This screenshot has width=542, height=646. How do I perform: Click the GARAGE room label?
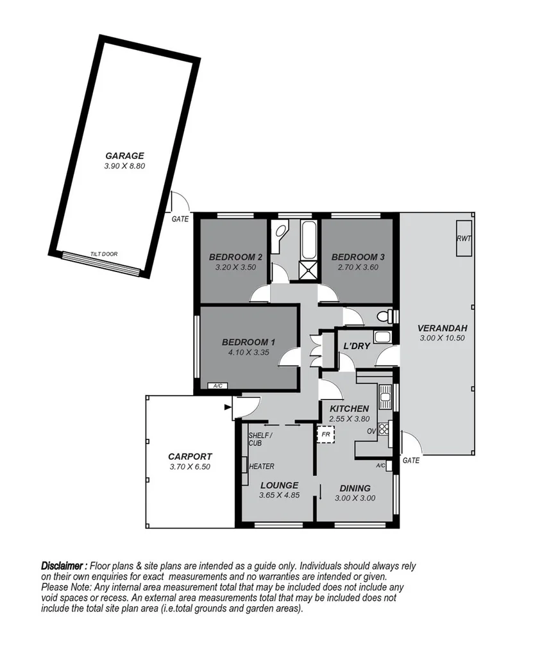pyautogui.click(x=124, y=155)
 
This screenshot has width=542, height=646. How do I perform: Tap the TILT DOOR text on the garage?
pyautogui.click(x=104, y=254)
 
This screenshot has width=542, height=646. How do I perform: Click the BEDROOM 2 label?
pyautogui.click(x=232, y=257)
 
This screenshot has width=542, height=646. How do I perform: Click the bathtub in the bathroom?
pyautogui.click(x=308, y=244)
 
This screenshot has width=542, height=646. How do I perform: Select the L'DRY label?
pyautogui.click(x=357, y=346)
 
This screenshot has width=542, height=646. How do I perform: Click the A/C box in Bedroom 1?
pyautogui.click(x=217, y=386)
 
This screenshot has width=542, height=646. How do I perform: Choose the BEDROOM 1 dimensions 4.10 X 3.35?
pyautogui.click(x=249, y=352)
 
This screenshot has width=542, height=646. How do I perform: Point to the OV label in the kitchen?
pyautogui.click(x=370, y=431)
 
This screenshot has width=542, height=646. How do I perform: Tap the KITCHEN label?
pyautogui.click(x=349, y=409)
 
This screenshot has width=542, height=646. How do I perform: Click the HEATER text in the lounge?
pyautogui.click(x=262, y=466)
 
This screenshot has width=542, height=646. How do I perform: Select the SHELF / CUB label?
pyautogui.click(x=260, y=439)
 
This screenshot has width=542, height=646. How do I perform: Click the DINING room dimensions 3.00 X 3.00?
pyautogui.click(x=357, y=498)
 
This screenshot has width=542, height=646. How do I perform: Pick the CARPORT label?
pyautogui.click(x=189, y=456)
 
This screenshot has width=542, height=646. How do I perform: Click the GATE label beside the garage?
pyautogui.click(x=180, y=219)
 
